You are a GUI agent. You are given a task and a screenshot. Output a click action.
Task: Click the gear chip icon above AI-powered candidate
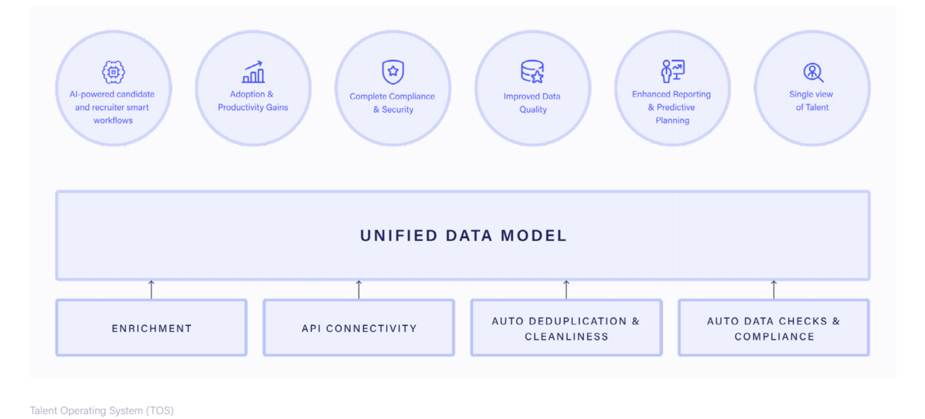[113, 72]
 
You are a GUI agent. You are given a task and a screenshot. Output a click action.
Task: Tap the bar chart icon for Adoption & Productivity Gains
[253, 72]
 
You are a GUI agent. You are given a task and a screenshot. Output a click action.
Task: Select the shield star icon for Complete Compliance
[393, 72]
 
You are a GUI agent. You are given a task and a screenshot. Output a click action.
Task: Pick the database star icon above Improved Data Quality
[532, 71]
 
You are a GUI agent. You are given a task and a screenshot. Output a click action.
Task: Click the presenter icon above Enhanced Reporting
[673, 71]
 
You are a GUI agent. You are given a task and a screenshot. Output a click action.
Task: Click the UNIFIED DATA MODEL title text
[463, 236]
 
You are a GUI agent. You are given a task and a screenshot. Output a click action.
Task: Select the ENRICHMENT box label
[152, 329]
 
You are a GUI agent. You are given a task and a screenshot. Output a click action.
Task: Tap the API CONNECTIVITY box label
[359, 329]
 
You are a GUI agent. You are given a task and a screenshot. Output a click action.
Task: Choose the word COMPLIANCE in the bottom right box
[774, 336]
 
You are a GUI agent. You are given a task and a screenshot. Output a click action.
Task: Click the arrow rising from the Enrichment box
[151, 289]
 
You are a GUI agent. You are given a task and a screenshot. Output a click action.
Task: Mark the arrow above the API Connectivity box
[359, 289]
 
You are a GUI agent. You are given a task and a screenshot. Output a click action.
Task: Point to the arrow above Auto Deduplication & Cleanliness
[566, 289]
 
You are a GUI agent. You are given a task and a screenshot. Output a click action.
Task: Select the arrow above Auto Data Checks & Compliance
[774, 289]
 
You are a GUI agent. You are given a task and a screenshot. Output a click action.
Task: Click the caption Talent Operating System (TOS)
[102, 410]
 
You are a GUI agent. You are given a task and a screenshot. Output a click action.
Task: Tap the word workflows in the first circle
[113, 120]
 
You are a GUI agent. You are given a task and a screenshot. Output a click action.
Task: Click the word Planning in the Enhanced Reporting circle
[672, 120]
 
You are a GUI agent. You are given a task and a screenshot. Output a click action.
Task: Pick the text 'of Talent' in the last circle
[812, 107]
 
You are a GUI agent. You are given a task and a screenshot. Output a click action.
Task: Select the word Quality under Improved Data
[533, 110]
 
